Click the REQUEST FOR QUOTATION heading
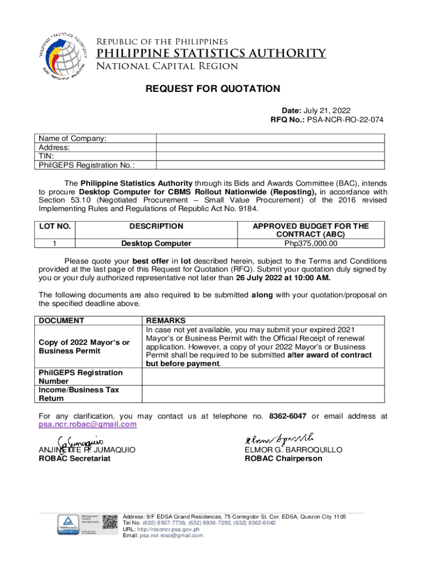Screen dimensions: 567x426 [x=213, y=89]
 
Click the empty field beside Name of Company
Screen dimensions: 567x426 [x=271, y=138]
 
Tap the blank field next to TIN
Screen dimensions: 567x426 [x=271, y=156]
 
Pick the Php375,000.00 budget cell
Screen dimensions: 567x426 [x=310, y=243]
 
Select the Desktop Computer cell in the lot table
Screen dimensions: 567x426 [x=157, y=243]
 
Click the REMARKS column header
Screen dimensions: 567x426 [x=165, y=320]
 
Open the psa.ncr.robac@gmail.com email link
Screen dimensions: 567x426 [x=87, y=424]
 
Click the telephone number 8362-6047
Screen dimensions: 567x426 [x=288, y=416]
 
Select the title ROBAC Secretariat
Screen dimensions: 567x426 [x=74, y=458]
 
